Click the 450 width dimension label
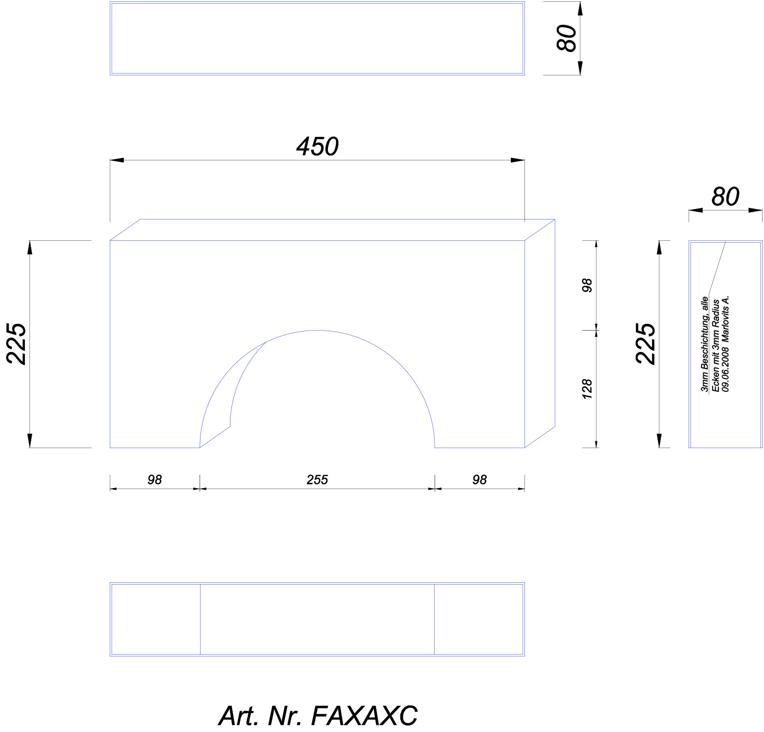coord(317,146)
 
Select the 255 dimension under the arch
coord(317,479)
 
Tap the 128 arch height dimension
coord(587,389)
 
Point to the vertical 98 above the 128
coord(587,285)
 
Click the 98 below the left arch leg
coord(155,479)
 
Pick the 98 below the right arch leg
coord(480,479)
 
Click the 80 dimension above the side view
coord(725,197)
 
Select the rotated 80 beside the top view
coord(567,38)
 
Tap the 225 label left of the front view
coord(17,344)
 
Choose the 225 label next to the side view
coord(646,344)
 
